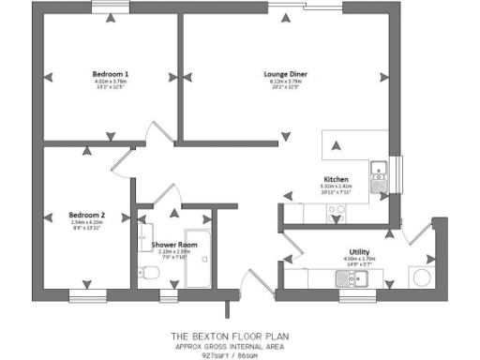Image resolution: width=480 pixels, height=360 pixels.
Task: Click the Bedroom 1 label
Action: coord(110,73)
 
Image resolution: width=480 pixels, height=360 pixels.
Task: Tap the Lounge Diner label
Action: coord(289,73)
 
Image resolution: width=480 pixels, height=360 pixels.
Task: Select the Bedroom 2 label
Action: coord(87,215)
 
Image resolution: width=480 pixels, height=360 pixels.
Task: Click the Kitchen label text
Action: coord(336,179)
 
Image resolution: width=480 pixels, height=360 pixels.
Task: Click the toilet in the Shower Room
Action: coord(147,274)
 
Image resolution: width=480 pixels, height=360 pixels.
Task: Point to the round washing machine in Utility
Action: coord(422,277)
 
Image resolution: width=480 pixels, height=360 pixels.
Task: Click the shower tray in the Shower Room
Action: coord(201,260)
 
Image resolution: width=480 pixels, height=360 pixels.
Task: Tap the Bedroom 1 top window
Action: coord(111,8)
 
